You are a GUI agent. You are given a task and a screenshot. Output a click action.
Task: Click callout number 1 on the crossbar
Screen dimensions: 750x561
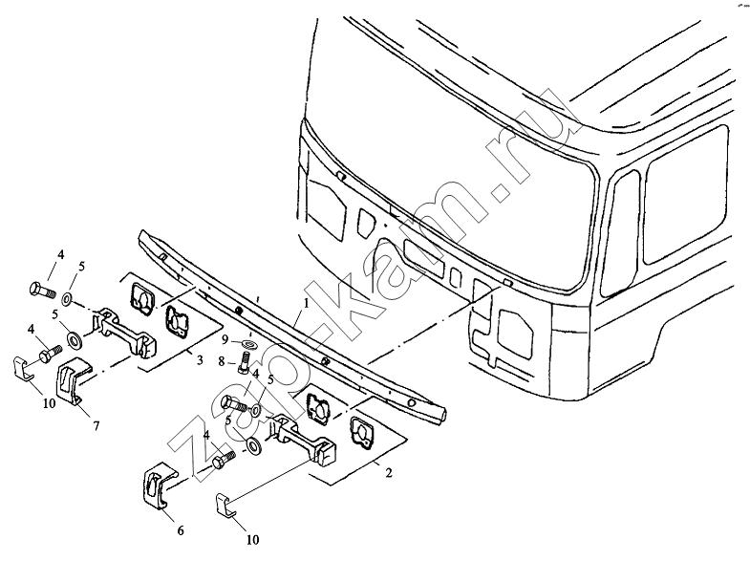[306, 303]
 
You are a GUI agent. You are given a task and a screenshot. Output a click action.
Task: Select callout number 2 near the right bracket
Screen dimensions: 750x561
[389, 473]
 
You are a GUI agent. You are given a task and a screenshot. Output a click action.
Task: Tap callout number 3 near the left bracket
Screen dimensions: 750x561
[200, 359]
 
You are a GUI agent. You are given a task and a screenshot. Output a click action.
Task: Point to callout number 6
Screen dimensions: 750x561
[181, 530]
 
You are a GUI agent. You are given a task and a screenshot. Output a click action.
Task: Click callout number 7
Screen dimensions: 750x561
[96, 425]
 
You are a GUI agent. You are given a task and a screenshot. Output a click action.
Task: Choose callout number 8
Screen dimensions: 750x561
[221, 361]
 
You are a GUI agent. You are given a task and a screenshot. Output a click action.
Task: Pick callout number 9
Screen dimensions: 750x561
[225, 340]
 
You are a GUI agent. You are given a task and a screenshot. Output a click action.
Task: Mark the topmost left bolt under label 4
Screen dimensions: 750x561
[42, 289]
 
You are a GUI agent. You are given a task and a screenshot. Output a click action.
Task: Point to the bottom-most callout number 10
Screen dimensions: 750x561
[252, 539]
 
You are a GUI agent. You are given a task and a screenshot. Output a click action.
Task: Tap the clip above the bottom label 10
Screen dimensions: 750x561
[224, 506]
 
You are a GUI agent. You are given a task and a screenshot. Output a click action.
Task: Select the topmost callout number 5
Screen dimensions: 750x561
[82, 267]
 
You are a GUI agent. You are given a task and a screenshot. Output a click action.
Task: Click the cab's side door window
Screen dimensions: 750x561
[687, 196]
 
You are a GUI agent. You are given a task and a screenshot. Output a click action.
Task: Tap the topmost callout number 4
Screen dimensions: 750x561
[61, 254]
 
